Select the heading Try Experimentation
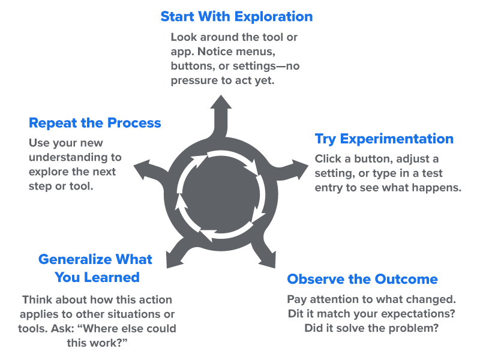coord(384,139)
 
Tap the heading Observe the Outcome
coord(362,280)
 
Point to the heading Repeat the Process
coord(95,123)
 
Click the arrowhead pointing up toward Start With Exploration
coord(221,103)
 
